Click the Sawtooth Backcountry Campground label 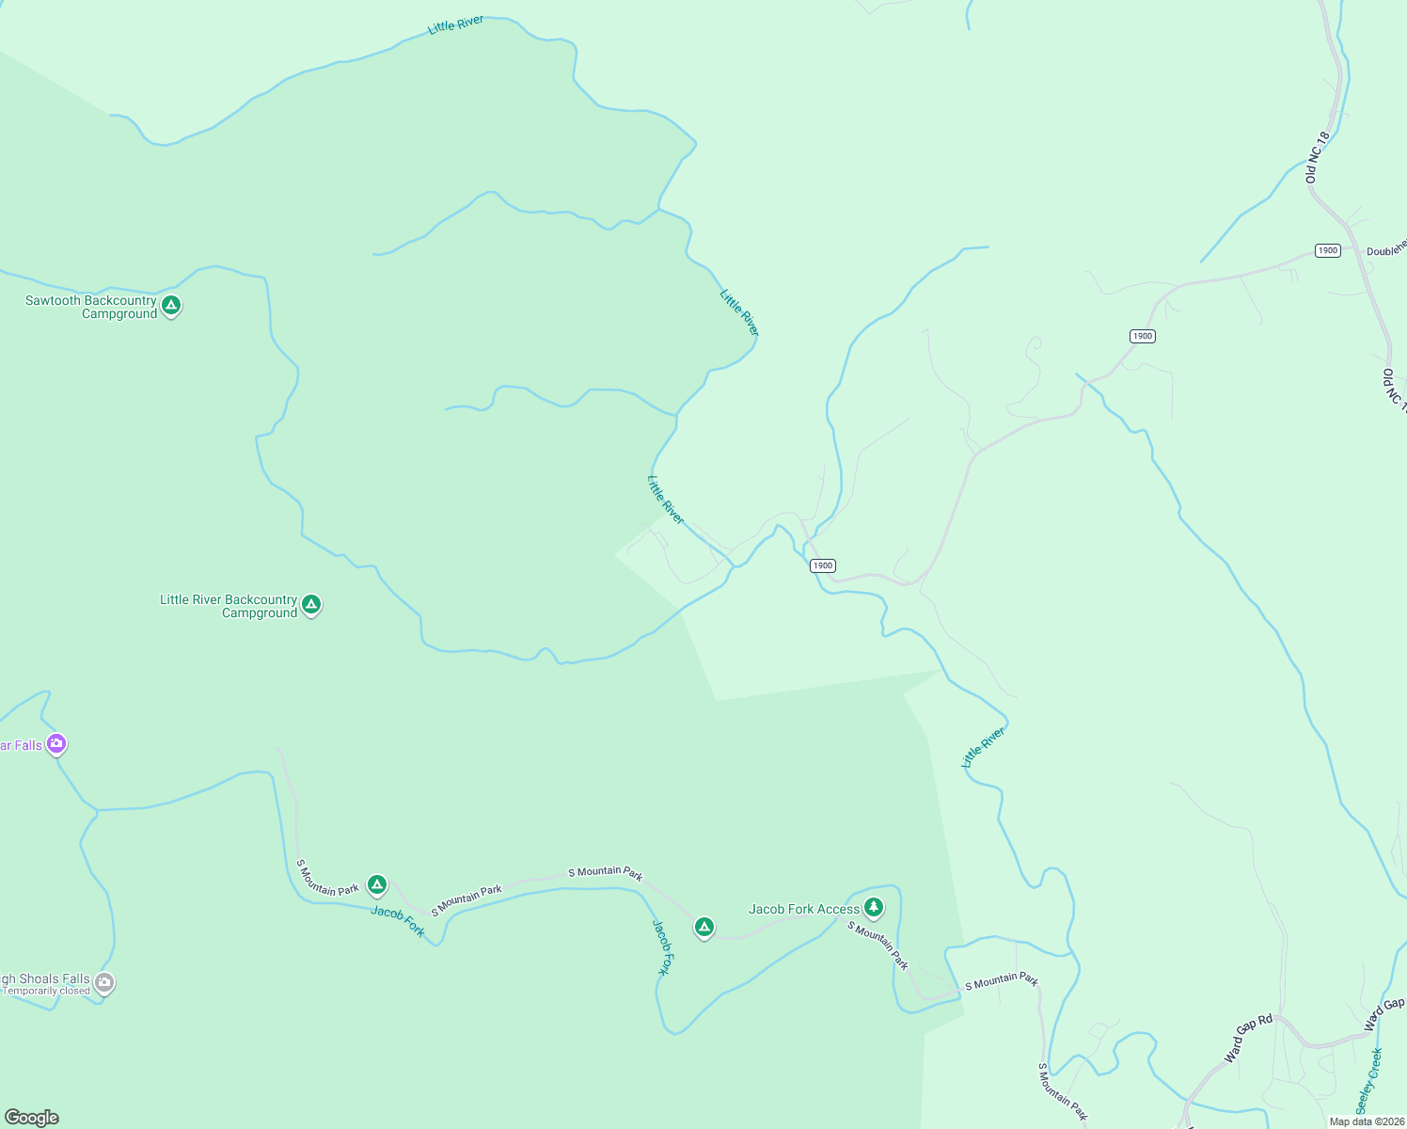(91, 308)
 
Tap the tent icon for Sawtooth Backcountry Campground (171, 305)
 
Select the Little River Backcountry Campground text (229, 606)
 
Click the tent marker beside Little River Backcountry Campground (311, 604)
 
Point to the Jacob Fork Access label (804, 909)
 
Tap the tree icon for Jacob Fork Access (874, 907)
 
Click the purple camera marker (56, 744)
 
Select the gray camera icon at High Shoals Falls (104, 983)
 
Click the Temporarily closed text (47, 991)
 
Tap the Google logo (32, 1118)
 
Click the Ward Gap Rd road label (1248, 1039)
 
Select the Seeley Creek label (1369, 1080)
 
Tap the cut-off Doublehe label (1386, 248)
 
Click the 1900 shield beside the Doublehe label (1327, 250)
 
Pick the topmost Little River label (455, 25)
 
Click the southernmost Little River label (983, 747)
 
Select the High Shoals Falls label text (45, 978)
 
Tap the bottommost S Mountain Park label (1063, 1092)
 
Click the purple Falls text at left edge (21, 745)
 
